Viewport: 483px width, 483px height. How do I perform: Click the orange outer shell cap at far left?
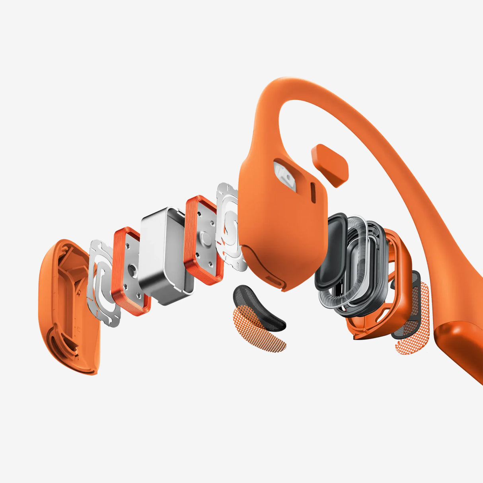[x=66, y=306]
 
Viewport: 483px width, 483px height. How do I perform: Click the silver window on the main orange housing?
[x=285, y=175]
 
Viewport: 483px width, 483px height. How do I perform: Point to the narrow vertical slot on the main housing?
[x=313, y=193]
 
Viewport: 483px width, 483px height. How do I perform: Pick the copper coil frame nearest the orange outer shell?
[x=130, y=271]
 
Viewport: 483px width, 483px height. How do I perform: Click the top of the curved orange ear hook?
[x=286, y=86]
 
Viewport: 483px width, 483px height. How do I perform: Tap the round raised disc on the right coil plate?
[x=206, y=238]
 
